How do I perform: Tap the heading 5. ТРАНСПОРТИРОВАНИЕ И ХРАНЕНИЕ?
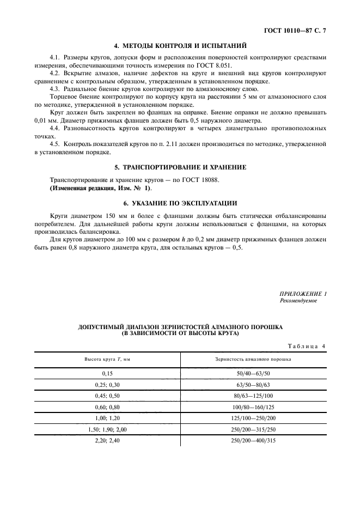[x=180, y=167]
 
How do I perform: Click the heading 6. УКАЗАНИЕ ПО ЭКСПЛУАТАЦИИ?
[x=180, y=203]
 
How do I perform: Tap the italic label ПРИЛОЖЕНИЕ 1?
[x=303, y=294]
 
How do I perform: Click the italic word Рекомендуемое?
[x=298, y=301]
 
